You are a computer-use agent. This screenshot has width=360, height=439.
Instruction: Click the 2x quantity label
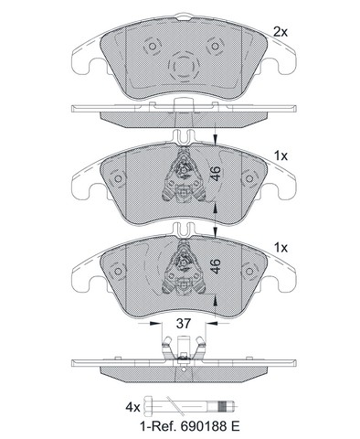click(281, 32)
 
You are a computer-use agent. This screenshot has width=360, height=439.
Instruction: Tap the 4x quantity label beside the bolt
click(132, 407)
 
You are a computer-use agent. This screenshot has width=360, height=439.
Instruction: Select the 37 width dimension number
click(184, 324)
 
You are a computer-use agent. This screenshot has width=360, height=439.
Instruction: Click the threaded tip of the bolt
click(228, 407)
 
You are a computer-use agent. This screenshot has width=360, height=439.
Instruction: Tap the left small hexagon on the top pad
click(152, 47)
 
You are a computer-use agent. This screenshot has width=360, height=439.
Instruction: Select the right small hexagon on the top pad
click(215, 47)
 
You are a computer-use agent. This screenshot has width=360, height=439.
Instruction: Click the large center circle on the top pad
click(184, 65)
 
